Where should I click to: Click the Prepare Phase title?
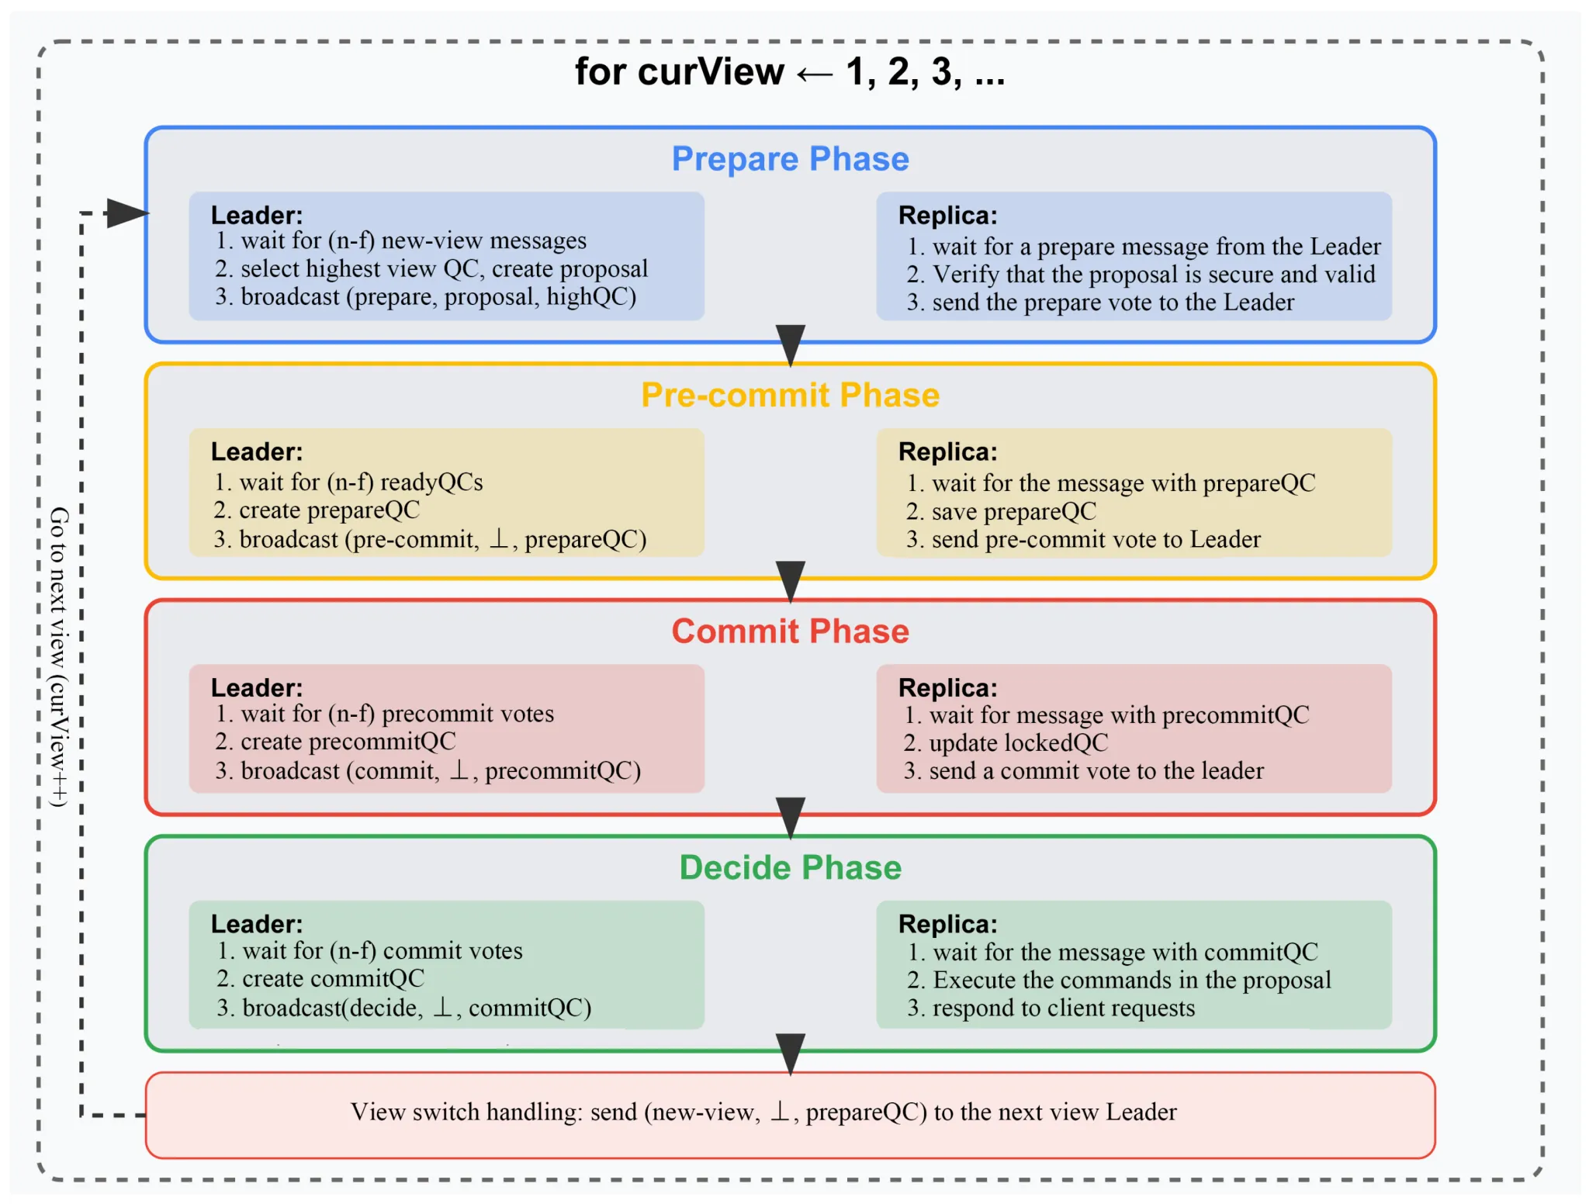(790, 159)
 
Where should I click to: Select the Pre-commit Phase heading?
(790, 395)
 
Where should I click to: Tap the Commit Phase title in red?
(790, 631)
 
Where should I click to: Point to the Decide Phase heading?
(790, 867)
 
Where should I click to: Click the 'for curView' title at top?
(789, 72)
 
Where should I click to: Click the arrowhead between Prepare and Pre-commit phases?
(790, 344)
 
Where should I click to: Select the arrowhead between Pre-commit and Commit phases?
(790, 580)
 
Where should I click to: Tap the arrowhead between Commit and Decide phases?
(790, 817)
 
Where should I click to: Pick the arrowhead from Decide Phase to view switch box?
(790, 1053)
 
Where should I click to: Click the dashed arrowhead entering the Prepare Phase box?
(126, 213)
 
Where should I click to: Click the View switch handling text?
(763, 1112)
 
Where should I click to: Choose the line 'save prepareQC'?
(1001, 511)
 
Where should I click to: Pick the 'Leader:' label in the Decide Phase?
(257, 924)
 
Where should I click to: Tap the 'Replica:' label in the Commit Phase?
(947, 688)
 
